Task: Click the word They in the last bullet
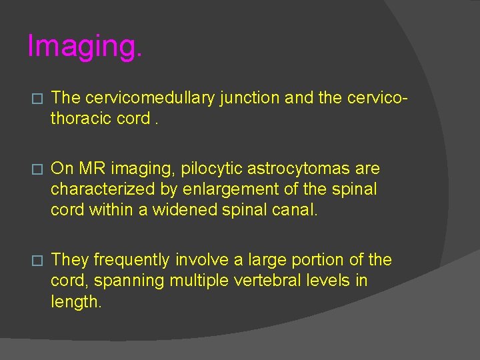pyautogui.click(x=69, y=260)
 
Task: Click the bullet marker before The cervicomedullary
pyautogui.click(x=37, y=99)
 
